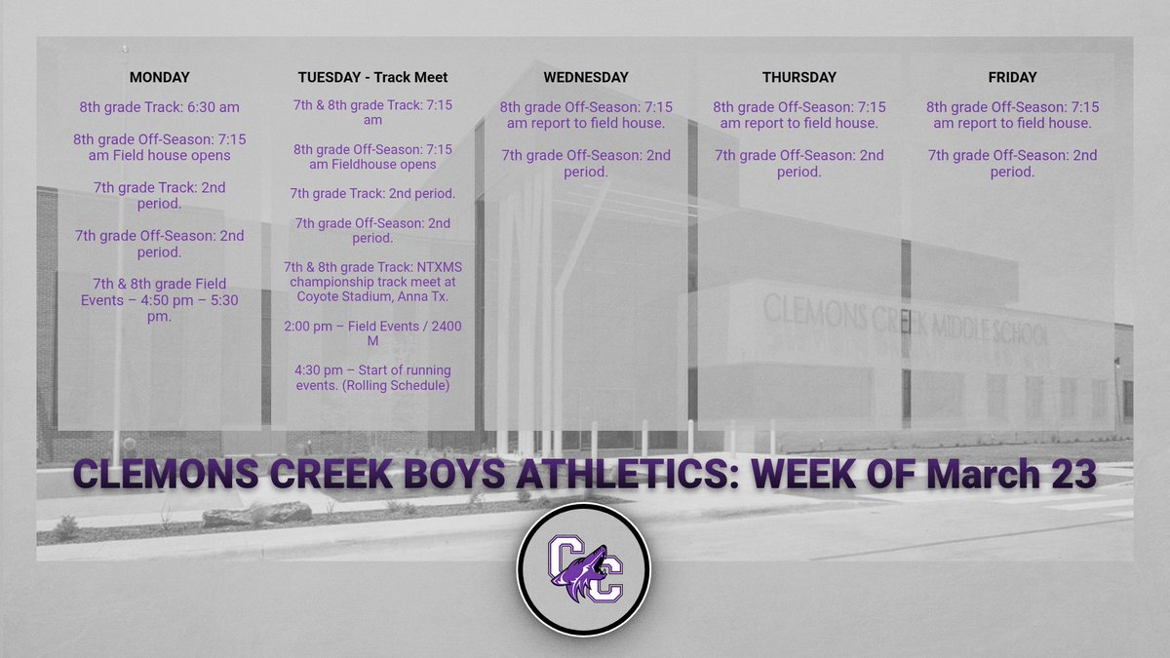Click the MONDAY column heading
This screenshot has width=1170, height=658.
(159, 77)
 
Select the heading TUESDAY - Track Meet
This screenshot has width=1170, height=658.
(372, 77)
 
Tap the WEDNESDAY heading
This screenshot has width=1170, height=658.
(586, 77)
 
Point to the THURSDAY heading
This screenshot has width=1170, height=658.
(799, 77)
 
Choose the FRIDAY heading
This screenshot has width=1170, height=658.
(1012, 77)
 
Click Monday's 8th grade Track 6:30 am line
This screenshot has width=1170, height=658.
(159, 107)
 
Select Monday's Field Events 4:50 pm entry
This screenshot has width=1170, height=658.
(159, 300)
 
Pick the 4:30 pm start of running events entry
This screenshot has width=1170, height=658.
(372, 379)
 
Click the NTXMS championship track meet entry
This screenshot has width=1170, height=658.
(372, 283)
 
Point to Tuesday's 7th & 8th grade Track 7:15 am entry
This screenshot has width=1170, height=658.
(372, 112)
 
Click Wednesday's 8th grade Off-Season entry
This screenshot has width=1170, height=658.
(586, 115)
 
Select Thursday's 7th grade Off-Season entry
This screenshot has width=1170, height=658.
(799, 163)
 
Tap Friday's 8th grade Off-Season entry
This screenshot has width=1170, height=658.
(1012, 115)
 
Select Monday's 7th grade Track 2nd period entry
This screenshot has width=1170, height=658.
(159, 195)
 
